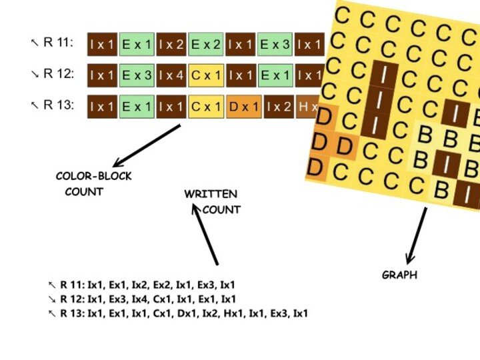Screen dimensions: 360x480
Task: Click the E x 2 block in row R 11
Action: tap(205, 45)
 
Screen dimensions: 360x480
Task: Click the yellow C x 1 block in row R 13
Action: tap(205, 107)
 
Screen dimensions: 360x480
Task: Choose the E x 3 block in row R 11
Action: tap(275, 45)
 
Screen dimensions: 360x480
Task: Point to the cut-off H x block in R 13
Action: tap(307, 107)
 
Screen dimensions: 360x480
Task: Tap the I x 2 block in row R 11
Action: tap(171, 45)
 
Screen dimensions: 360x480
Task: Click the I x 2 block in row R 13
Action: tap(279, 107)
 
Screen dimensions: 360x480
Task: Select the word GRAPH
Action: tap(399, 275)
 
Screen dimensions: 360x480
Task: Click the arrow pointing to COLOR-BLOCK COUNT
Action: tap(147, 146)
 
